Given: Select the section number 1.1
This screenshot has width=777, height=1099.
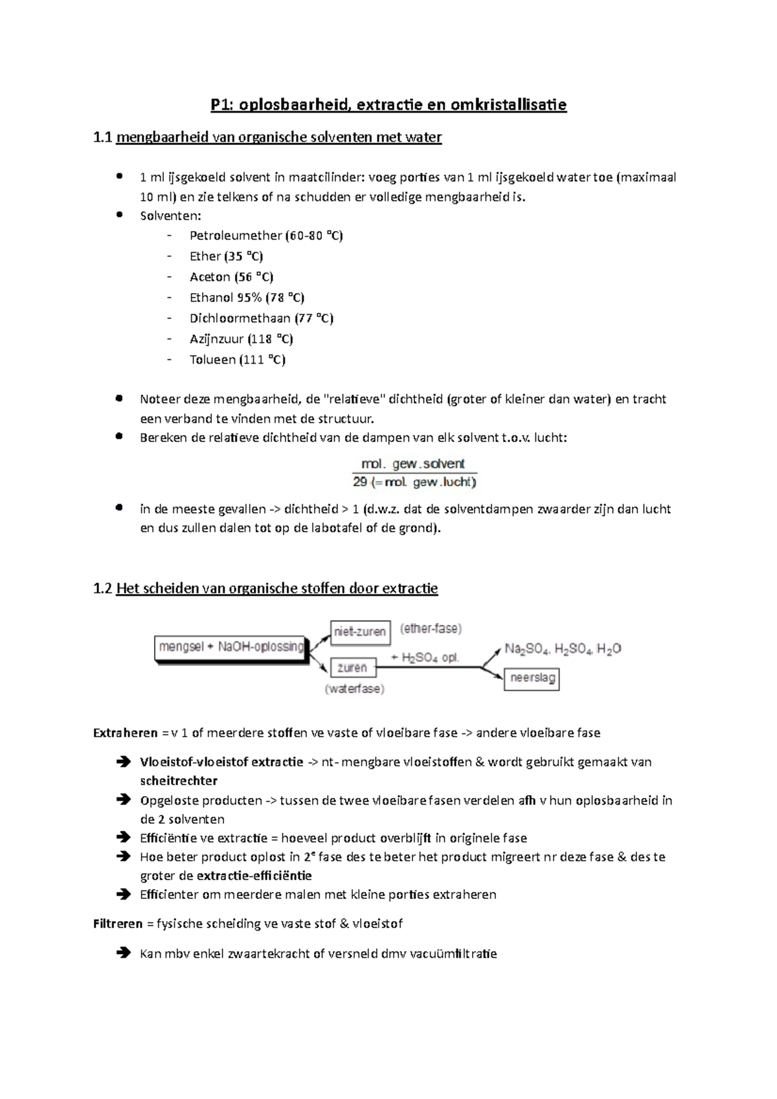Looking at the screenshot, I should (x=102, y=137).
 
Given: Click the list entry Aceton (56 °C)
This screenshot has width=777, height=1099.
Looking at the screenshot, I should (x=231, y=277).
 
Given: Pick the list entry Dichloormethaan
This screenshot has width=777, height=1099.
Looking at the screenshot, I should (x=240, y=318).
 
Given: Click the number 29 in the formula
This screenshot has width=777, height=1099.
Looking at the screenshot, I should (x=360, y=482).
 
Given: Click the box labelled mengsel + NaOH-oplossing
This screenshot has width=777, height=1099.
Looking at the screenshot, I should (x=231, y=647).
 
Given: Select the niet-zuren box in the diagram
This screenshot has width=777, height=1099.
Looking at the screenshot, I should (x=360, y=632).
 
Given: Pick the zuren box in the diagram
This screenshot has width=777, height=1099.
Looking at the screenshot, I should (x=352, y=667).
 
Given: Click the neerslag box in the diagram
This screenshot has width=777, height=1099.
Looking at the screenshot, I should (x=531, y=679).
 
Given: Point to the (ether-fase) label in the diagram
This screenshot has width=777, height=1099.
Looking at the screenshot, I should (x=431, y=628).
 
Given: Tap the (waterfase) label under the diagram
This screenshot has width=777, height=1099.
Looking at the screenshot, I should (x=354, y=689).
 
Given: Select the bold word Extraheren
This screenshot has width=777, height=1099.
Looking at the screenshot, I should (x=126, y=733).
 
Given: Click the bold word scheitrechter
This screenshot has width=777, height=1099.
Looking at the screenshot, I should (x=179, y=781).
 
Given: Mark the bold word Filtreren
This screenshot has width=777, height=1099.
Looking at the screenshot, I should (x=118, y=924).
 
